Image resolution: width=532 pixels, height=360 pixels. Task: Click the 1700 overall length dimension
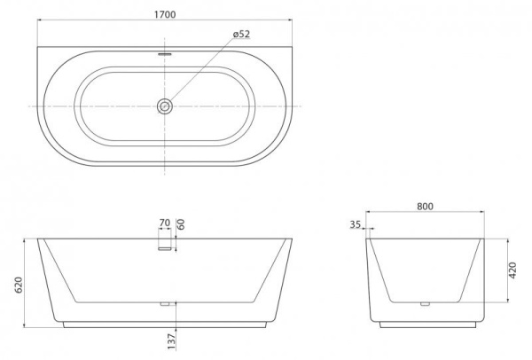pos(164,14)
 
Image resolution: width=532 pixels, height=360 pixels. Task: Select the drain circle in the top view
pos(164,106)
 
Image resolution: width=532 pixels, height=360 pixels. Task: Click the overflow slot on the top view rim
pos(164,52)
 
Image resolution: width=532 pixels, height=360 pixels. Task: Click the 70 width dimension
pos(164,223)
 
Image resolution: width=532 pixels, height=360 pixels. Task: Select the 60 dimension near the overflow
pos(181,223)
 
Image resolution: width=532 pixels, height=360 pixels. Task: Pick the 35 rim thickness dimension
pos(356,225)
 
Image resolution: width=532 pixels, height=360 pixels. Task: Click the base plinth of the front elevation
pos(164,323)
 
